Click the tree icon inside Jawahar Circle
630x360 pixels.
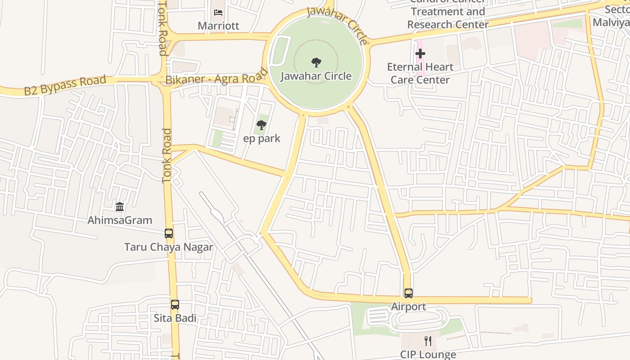point(316,62)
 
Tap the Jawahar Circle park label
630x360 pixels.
point(316,76)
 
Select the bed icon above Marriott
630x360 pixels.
point(218,13)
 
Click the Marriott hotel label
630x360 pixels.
point(218,26)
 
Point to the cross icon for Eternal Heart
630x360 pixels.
point(420,54)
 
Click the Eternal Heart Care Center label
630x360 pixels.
point(420,73)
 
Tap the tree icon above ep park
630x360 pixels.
point(261,125)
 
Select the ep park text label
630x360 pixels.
point(261,138)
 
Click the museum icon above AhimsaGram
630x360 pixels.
point(120,207)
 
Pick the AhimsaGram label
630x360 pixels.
point(120,220)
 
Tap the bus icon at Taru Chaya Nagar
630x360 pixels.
point(169,234)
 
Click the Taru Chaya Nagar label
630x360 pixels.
point(169,247)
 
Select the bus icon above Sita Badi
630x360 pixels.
point(175,305)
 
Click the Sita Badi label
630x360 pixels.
point(175,318)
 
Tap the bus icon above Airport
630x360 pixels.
point(408,293)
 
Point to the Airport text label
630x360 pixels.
point(408,306)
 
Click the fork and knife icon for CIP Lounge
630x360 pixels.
point(428,341)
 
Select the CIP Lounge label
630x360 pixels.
point(428,354)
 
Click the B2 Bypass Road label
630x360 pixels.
point(65,86)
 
